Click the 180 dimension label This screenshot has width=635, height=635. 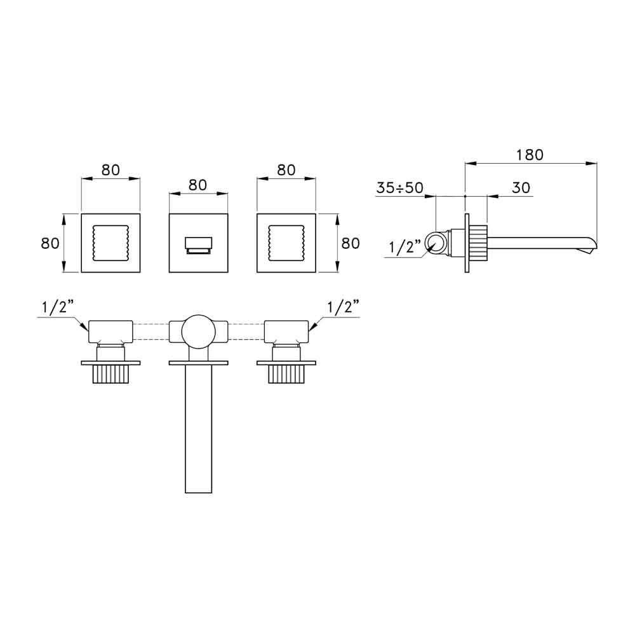point(530,155)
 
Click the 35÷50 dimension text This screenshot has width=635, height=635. point(399,187)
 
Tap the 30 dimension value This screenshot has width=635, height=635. point(521,187)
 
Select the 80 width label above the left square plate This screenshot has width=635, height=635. point(110,170)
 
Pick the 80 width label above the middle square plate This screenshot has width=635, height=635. point(198,185)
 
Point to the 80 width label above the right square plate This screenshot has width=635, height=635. point(286,170)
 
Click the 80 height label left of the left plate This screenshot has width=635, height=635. point(50,243)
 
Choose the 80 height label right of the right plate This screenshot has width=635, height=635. point(351,243)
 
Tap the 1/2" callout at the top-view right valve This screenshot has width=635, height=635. point(343,307)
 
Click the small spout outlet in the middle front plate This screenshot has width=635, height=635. point(198,245)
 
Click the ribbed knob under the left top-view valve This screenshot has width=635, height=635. point(110,374)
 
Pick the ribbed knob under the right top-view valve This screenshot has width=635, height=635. point(286,374)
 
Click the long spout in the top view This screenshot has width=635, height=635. point(198,429)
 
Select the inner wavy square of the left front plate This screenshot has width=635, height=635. point(93,243)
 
